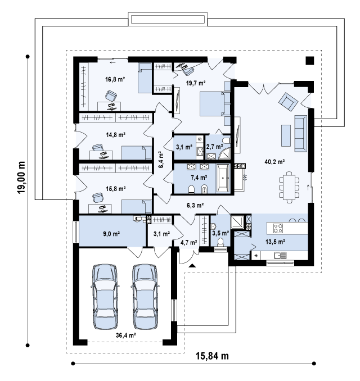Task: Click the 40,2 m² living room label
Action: (x=274, y=162)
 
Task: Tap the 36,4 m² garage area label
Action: (x=126, y=335)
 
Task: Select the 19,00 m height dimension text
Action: (x=21, y=178)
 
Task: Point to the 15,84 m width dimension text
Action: (x=213, y=356)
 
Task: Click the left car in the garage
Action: (x=105, y=297)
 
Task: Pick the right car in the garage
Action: (x=145, y=297)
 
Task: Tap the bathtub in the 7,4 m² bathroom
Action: (x=223, y=178)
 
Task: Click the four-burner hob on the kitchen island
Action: (x=278, y=228)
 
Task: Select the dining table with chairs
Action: (x=289, y=187)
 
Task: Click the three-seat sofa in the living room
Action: (x=300, y=134)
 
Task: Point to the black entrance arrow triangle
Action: (x=192, y=265)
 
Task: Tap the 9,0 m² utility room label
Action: (x=111, y=234)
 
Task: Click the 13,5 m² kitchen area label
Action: (x=275, y=242)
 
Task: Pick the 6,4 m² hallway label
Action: (x=161, y=160)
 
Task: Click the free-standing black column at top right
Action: (x=310, y=61)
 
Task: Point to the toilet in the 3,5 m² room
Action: (x=220, y=243)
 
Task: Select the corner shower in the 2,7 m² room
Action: (x=224, y=153)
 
